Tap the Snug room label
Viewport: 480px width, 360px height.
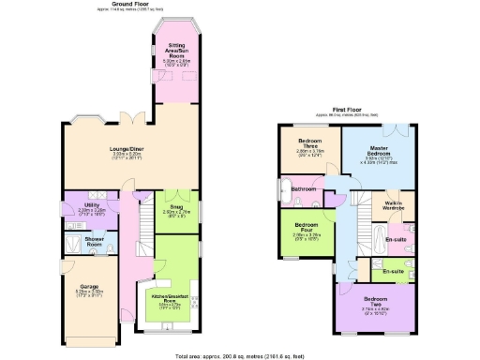point(176,209)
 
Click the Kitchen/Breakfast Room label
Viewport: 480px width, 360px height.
point(176,299)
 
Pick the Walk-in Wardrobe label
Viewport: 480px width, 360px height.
point(394,206)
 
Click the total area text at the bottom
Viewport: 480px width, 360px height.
point(240,356)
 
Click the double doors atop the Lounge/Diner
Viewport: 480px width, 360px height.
point(138,118)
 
